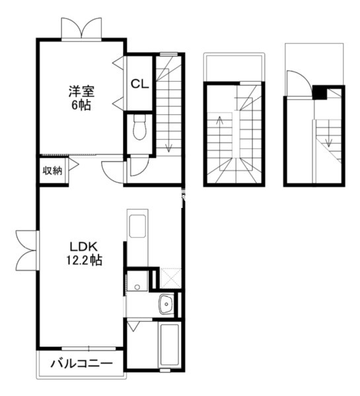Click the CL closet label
click(x=139, y=84)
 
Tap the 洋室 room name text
click(x=81, y=92)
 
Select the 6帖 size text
click(x=81, y=105)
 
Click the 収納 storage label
click(x=52, y=171)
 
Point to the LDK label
click(x=83, y=247)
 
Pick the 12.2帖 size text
click(x=84, y=260)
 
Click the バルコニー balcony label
click(x=82, y=364)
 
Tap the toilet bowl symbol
click(x=139, y=127)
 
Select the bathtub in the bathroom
click(x=169, y=345)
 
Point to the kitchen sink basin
click(x=137, y=226)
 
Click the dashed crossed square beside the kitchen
click(x=170, y=279)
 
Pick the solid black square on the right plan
click(x=320, y=92)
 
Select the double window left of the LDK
click(x=26, y=250)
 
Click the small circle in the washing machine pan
click(x=137, y=287)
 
